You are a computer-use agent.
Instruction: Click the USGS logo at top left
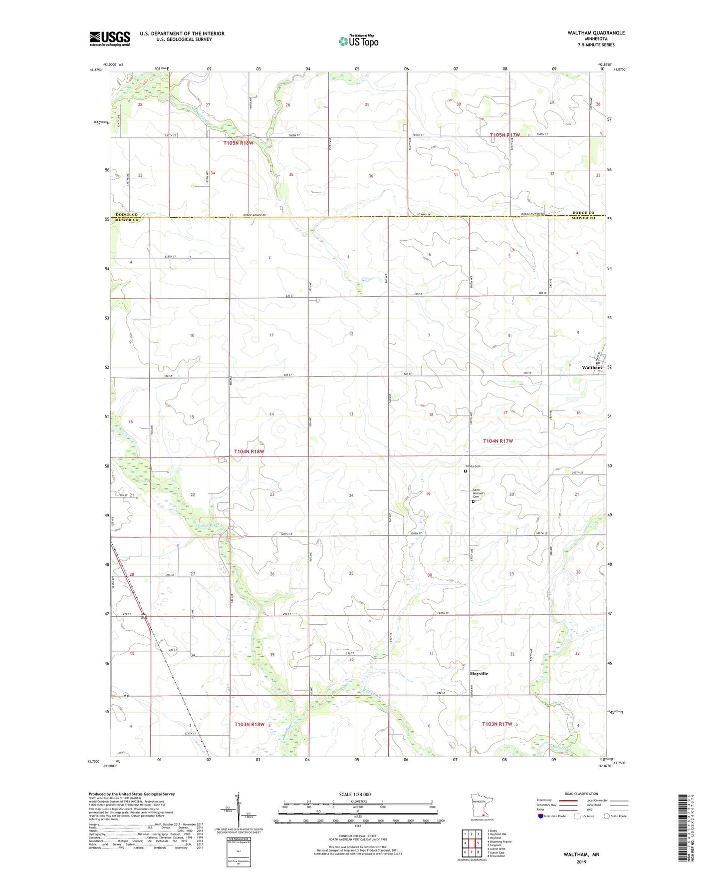point(109,38)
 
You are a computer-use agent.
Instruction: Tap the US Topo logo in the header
point(357,41)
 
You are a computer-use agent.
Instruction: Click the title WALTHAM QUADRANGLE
point(596,33)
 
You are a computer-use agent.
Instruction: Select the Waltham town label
point(592,368)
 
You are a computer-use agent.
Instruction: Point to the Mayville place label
point(479,674)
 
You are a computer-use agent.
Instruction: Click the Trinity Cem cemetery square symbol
point(466,470)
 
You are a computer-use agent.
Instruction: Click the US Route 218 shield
point(143,617)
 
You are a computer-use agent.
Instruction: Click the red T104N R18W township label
point(249,451)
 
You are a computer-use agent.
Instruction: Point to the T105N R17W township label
point(505,135)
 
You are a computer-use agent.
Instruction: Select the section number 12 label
point(351,334)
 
